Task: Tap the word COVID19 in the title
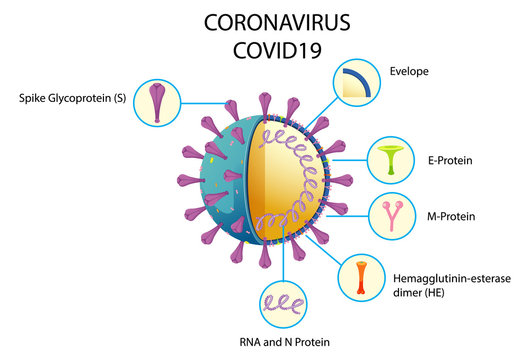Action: tap(266, 50)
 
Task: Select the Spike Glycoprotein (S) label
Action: tap(71, 99)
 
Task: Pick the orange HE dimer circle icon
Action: tap(362, 279)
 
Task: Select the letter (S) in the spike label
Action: tap(117, 99)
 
